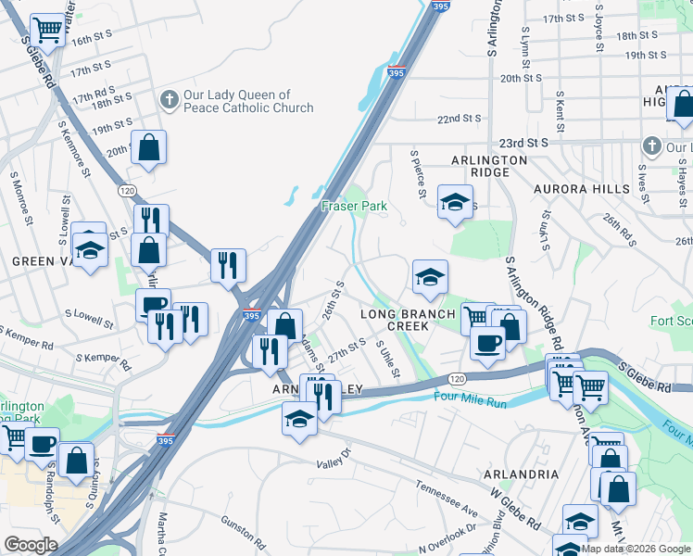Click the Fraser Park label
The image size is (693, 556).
[354, 206]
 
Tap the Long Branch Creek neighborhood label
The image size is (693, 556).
[407, 320]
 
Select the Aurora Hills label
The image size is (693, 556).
[581, 188]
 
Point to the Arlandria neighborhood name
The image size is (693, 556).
[521, 474]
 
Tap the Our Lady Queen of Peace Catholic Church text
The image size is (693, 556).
[236, 101]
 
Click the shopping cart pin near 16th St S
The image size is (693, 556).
[47, 31]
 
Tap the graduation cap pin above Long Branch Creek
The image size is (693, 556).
[430, 276]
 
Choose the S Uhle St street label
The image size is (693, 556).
[387, 360]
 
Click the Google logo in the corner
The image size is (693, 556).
[31, 545]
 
